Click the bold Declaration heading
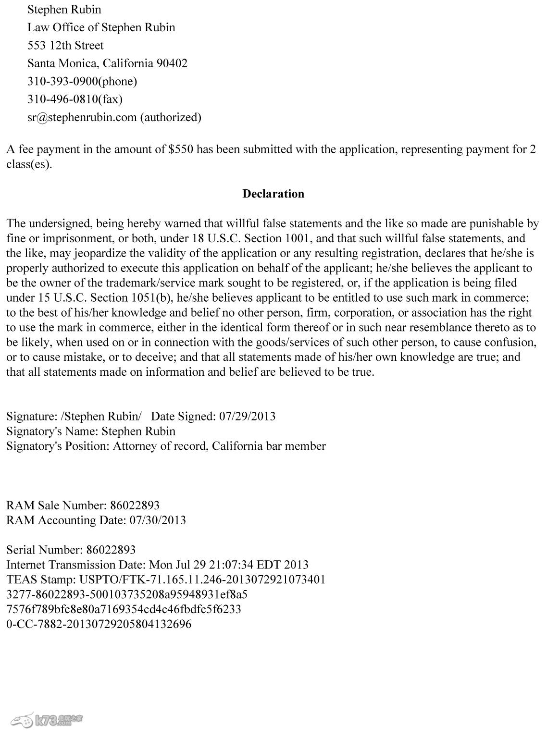pos(273,194)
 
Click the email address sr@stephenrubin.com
pos(82,117)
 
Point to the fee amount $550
pos(181,149)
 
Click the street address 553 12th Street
pos(65,45)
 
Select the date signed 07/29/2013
pos(247,416)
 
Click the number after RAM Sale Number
pos(135,505)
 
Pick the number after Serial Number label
pos(111,550)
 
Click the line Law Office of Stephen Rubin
pos(101,27)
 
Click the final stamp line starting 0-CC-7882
pos(99,624)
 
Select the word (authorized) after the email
pos(171,117)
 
